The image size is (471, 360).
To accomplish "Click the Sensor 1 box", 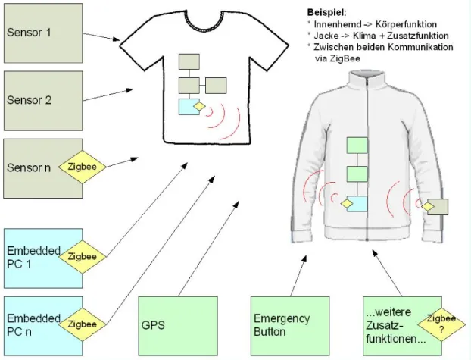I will [41, 33].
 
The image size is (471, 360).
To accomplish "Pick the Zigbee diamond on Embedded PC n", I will [81, 324].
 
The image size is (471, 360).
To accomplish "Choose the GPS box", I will [176, 325].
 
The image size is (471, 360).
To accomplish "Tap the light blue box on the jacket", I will [357, 203].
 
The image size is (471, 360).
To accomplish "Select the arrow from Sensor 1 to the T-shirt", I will [100, 35].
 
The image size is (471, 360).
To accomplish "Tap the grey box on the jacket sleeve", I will [438, 206].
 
